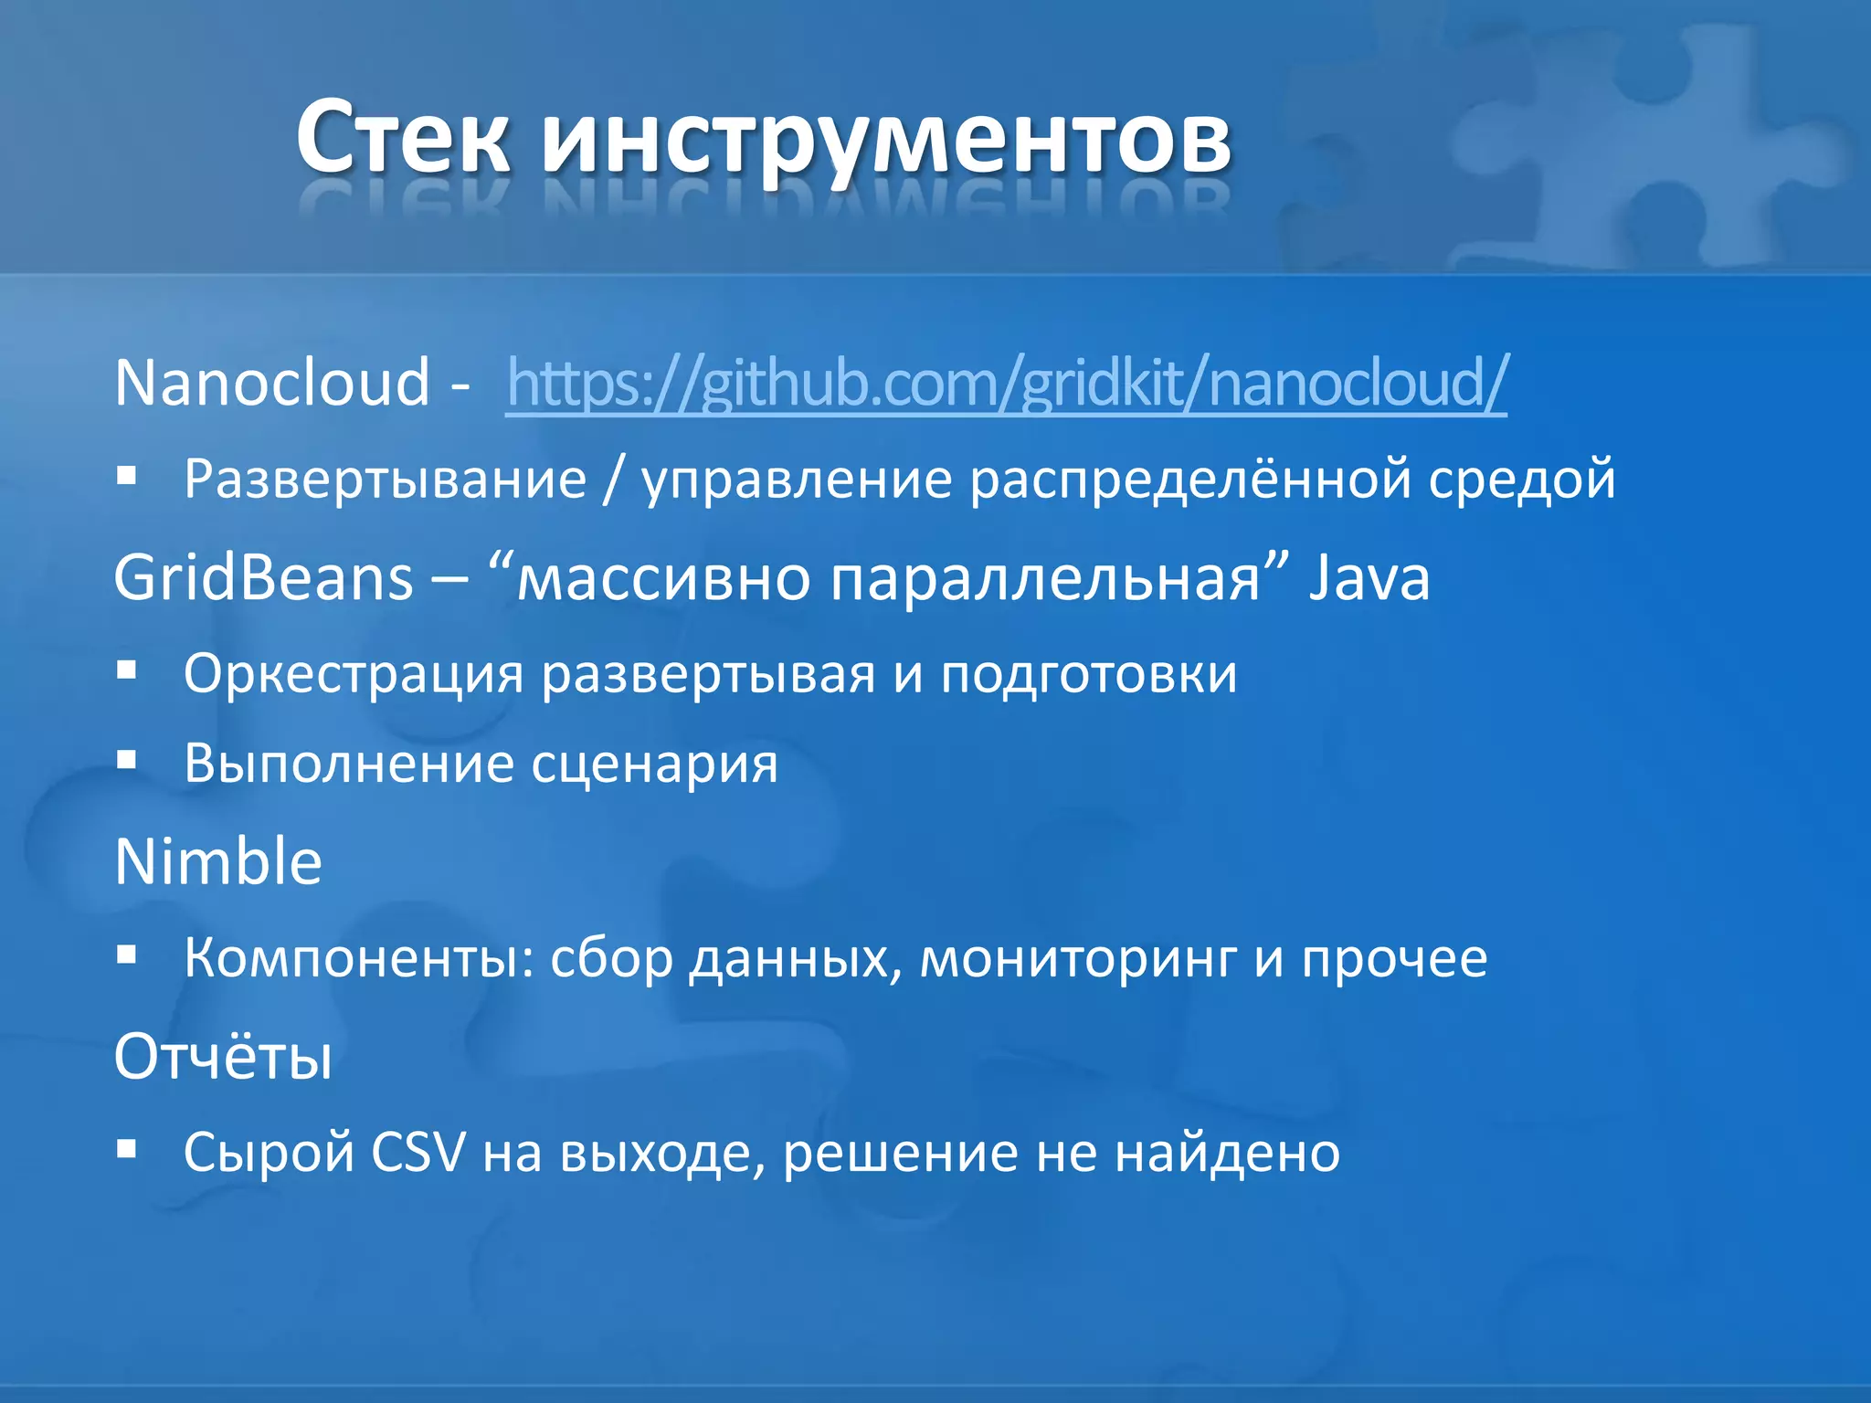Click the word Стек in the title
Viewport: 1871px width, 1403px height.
tap(402, 139)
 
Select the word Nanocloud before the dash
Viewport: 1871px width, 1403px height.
tap(272, 382)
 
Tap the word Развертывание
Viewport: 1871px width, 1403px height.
tap(385, 479)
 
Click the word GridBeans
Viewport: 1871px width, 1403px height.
tap(264, 578)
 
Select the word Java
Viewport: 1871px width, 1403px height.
tap(1369, 578)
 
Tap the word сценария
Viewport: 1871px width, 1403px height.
tap(654, 764)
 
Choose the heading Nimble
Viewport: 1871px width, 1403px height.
tap(218, 861)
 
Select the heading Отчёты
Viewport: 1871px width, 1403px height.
tap(223, 1057)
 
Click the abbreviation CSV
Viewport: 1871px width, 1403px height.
tap(418, 1152)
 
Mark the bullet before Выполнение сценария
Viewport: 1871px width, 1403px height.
tap(127, 760)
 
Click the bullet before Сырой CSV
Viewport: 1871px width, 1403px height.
tap(127, 1148)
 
